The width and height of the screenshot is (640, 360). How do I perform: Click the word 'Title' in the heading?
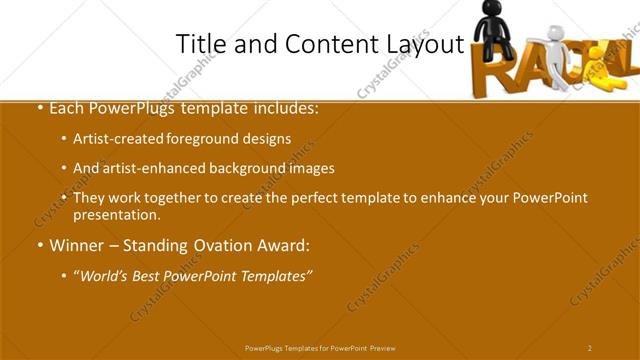point(198,44)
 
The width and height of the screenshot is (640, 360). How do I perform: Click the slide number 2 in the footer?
point(590,348)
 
